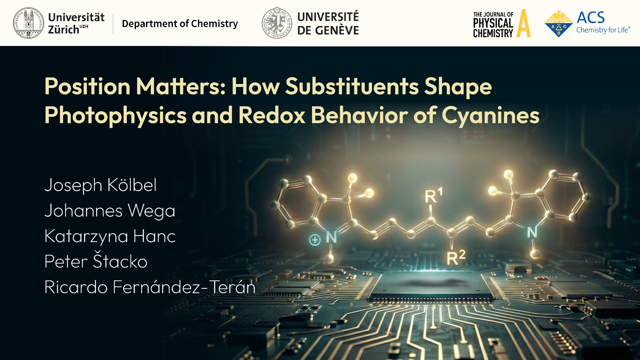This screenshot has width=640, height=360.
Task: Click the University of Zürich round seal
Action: pyautogui.click(x=28, y=23)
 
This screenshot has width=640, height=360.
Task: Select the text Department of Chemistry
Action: pyautogui.click(x=180, y=24)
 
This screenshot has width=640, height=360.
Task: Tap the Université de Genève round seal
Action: pyautogui.click(x=277, y=23)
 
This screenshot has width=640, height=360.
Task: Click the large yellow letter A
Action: pyautogui.click(x=524, y=23)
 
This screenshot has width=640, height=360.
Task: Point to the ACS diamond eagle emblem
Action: pyautogui.click(x=558, y=24)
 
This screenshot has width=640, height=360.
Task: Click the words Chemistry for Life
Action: pyautogui.click(x=603, y=30)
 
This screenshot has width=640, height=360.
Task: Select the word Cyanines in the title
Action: pyautogui.click(x=490, y=116)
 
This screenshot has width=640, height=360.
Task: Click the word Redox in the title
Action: pyautogui.click(x=272, y=115)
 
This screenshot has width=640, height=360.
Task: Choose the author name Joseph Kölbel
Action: pyautogui.click(x=100, y=185)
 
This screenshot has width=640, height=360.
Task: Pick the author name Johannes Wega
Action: pyautogui.click(x=110, y=211)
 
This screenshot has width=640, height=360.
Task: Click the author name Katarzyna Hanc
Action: pyautogui.click(x=110, y=236)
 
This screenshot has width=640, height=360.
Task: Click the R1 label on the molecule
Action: pyautogui.click(x=434, y=196)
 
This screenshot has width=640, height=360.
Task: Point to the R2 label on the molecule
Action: pyautogui.click(x=456, y=258)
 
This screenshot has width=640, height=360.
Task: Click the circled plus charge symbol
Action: pyautogui.click(x=315, y=240)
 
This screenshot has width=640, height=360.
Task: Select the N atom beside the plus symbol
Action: pyautogui.click(x=332, y=237)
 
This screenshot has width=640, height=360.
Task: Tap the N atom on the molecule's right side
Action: pyautogui.click(x=532, y=232)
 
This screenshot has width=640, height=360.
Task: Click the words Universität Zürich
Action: pyautogui.click(x=76, y=24)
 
